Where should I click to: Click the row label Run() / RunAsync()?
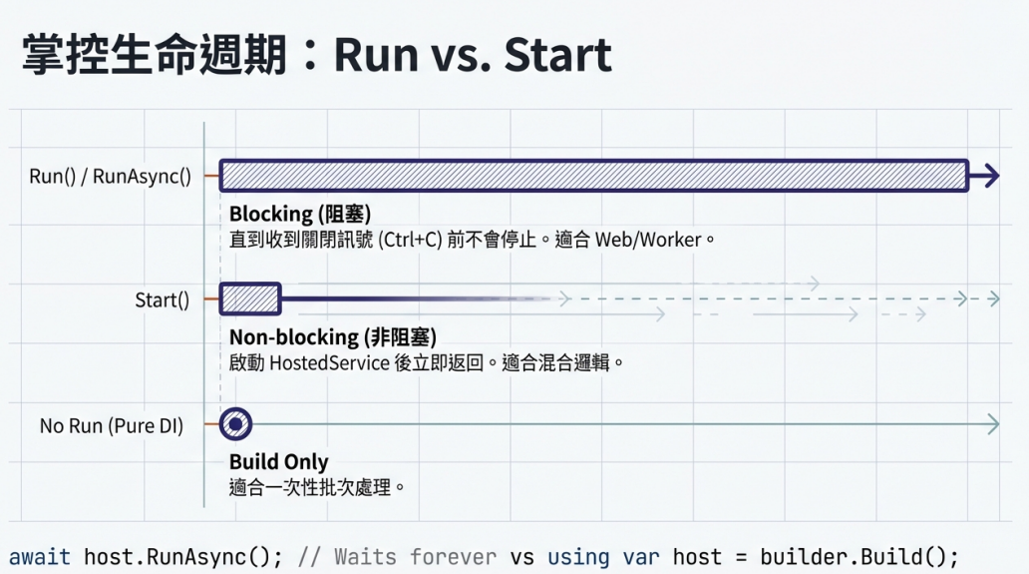point(111,176)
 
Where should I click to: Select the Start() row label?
point(163,300)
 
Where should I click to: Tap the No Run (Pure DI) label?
point(112,425)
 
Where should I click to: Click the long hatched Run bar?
point(594,176)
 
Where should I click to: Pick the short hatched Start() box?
point(250,298)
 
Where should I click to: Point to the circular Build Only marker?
point(235,423)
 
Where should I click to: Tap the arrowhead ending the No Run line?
point(993,424)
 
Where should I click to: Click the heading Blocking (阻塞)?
point(300,214)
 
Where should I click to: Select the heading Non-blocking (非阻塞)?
point(333,337)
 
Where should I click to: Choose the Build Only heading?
point(279,461)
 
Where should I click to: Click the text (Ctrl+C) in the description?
point(410,239)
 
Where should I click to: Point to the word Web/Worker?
point(648,239)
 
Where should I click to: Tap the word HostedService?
point(329,362)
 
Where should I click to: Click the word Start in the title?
point(557,54)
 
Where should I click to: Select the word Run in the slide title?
point(376,55)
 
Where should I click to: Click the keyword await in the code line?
point(39,557)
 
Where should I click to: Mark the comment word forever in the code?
point(453,557)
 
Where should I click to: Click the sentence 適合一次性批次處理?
point(310,488)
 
